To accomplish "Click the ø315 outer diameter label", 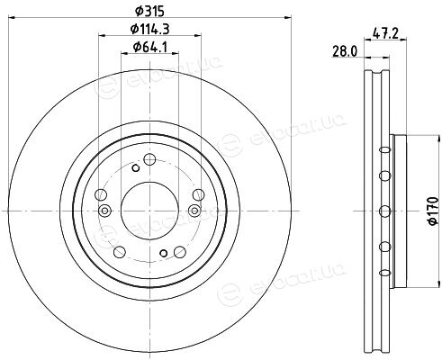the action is [x=149, y=12].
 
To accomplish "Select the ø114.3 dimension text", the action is [x=150, y=29].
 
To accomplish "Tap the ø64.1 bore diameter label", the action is [x=150, y=47].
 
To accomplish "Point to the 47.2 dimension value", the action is [x=385, y=33].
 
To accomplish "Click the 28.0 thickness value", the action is [x=345, y=52].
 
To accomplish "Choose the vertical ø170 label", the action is [x=434, y=211].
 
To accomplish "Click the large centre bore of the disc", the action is [x=149, y=211].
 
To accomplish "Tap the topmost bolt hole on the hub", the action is [x=149, y=159].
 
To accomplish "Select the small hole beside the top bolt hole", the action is [x=136, y=168].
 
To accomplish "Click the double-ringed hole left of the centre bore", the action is [x=104, y=211].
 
